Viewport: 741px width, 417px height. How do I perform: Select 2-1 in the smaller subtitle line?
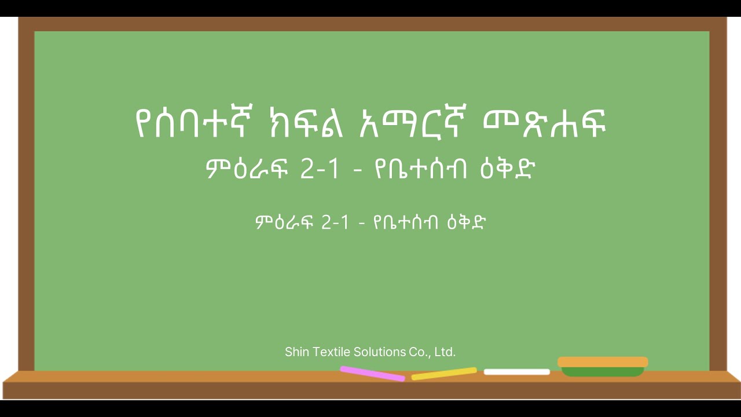point(335,222)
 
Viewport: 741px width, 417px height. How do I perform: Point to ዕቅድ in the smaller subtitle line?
point(466,222)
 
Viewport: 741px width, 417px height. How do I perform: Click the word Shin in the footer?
point(296,352)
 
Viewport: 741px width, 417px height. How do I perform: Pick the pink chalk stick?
point(372,374)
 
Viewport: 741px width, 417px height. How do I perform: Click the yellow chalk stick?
point(444,374)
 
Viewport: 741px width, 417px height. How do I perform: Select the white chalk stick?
point(516,372)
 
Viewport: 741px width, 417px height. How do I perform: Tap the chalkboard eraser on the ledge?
point(603,367)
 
